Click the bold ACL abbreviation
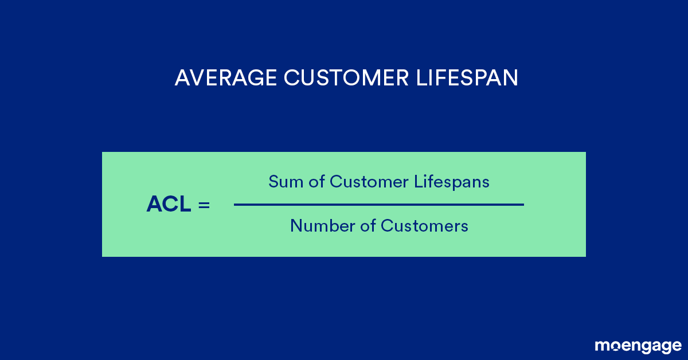coord(169,204)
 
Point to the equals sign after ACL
coord(204,205)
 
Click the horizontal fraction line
coord(378,204)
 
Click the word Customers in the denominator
coord(424,226)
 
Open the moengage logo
coord(638,346)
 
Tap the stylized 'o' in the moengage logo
coord(615,346)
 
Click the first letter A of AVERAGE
coord(182,78)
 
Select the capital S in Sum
coord(273,182)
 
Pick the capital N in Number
coord(295,226)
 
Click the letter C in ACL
coord(170,204)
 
